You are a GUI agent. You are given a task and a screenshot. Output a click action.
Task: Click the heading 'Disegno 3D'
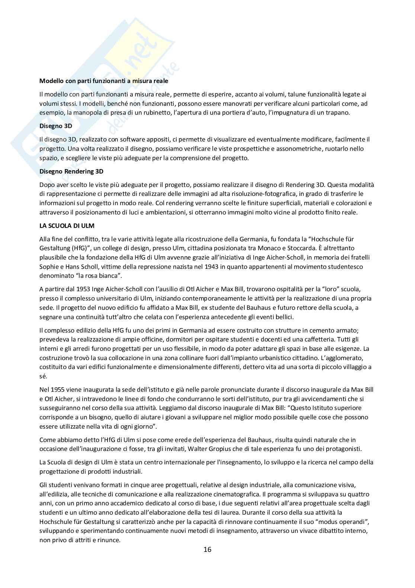(56, 126)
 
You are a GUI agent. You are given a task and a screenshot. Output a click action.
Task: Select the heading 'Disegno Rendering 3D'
(71, 171)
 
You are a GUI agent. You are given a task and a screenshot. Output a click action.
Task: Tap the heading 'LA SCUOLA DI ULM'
(62, 226)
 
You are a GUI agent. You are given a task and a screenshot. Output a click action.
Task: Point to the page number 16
(207, 549)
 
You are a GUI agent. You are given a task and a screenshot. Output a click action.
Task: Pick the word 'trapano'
(337, 112)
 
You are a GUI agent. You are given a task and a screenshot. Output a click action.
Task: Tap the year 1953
(82, 289)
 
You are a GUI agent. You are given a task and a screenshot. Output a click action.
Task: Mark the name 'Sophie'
(49, 267)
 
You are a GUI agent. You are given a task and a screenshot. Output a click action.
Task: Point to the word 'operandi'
(353, 521)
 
